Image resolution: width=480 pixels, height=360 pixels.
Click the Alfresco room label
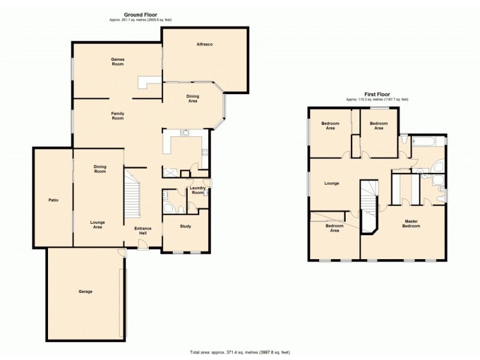point(205,44)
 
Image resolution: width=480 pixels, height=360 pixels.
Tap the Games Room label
point(117,61)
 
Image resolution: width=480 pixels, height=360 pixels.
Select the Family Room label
point(117,116)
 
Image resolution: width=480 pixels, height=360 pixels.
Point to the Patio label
point(52,200)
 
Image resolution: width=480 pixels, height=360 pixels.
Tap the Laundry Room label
point(197,191)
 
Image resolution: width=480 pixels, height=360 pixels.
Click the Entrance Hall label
point(143,231)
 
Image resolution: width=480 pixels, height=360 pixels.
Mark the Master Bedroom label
point(410,224)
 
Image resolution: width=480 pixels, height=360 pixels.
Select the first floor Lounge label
point(331,184)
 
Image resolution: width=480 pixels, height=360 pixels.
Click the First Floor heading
point(376,94)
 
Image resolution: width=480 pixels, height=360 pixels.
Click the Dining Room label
point(100,169)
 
